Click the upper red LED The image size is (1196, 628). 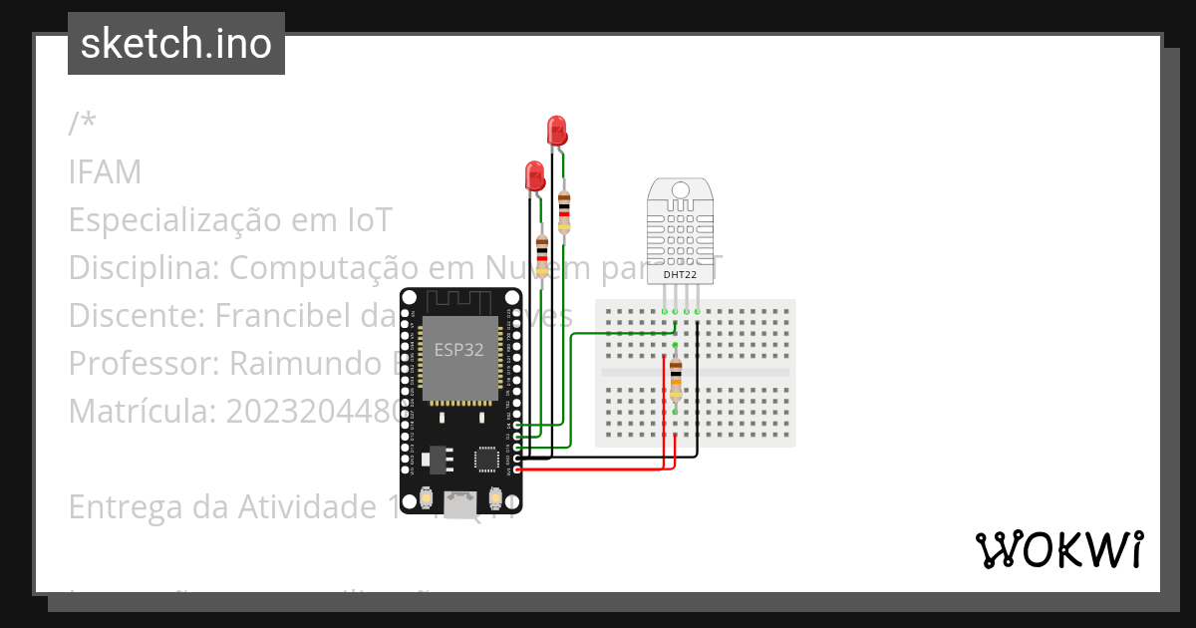pyautogui.click(x=557, y=130)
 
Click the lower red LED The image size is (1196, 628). pyautogui.click(x=535, y=176)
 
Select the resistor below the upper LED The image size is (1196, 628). pyautogui.click(x=564, y=212)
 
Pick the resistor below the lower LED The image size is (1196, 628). pyautogui.click(x=542, y=255)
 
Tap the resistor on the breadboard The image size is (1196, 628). pyautogui.click(x=676, y=378)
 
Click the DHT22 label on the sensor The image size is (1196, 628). pyautogui.click(x=680, y=274)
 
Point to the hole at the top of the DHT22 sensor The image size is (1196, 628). pyautogui.click(x=680, y=190)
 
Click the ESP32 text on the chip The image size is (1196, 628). pyautogui.click(x=459, y=350)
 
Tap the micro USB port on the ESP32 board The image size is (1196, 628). pyautogui.click(x=460, y=504)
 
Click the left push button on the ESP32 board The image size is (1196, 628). pyautogui.click(x=426, y=496)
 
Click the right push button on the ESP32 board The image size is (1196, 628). pyautogui.click(x=495, y=496)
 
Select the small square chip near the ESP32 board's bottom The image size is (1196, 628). pyautogui.click(x=486, y=459)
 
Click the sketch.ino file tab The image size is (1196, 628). pyautogui.click(x=176, y=44)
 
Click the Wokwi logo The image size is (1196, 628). pyautogui.click(x=1058, y=549)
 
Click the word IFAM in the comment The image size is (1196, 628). pyautogui.click(x=105, y=172)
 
